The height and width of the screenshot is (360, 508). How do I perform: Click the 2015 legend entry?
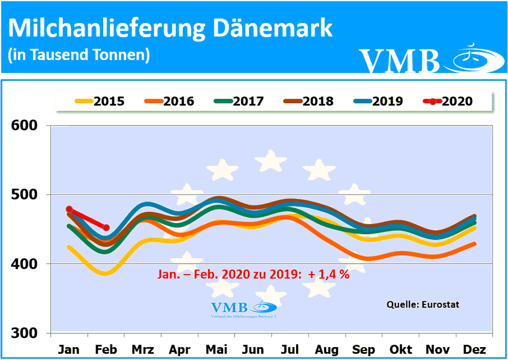99,102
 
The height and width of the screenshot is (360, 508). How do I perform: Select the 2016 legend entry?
169,102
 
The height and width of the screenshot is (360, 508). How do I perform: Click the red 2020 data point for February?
106,227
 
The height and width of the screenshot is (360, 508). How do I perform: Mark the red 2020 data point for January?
69,210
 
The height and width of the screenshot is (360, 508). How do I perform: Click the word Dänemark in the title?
270,28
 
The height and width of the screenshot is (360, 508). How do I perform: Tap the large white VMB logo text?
399,60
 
